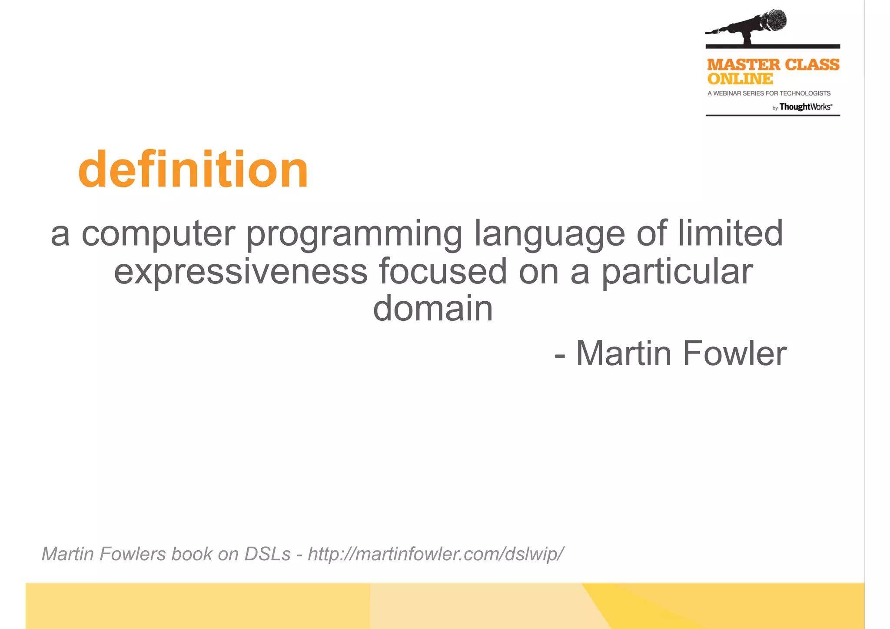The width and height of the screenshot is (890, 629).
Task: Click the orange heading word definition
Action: click(193, 170)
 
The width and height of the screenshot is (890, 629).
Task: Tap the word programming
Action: click(354, 235)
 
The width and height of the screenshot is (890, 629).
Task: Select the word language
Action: click(549, 235)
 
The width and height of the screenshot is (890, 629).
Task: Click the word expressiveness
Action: click(241, 272)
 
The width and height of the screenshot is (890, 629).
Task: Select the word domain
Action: click(433, 308)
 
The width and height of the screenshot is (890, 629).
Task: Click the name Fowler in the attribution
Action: click(734, 353)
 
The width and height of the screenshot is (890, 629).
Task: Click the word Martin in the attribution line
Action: click(624, 353)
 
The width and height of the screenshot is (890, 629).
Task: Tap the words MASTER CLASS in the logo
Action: click(773, 65)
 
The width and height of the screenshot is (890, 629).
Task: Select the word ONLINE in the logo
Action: click(740, 79)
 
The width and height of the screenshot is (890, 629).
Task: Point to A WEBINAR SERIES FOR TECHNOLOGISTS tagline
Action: click(769, 93)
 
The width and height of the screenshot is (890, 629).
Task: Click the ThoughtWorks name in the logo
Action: click(805, 107)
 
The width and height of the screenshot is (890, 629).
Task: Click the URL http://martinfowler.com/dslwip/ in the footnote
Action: click(436, 554)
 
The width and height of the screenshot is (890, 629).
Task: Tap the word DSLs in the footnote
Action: click(267, 554)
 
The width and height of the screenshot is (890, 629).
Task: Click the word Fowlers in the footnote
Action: click(133, 554)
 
